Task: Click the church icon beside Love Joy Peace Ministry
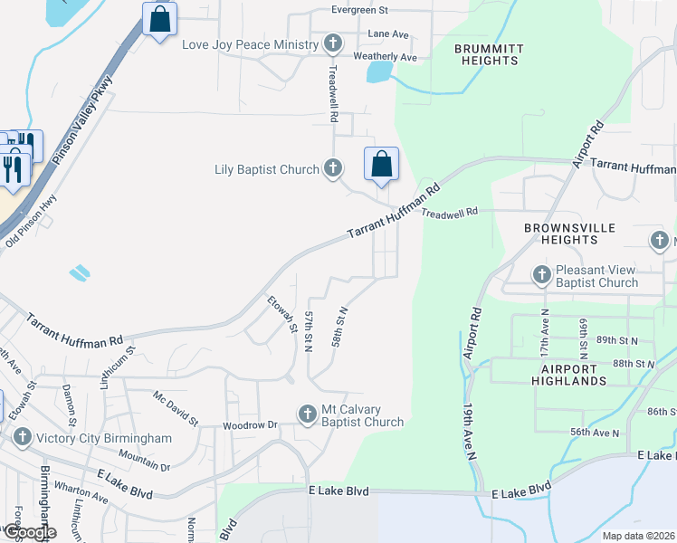click(333, 44)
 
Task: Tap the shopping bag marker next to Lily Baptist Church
click(382, 165)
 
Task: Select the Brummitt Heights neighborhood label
click(486, 54)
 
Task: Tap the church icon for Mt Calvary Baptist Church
click(308, 414)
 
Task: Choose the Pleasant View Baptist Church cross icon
click(542, 275)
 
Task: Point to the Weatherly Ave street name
click(385, 56)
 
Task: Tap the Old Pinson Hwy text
click(32, 220)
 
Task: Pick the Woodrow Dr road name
click(249, 424)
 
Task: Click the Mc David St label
click(176, 408)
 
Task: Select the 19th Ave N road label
click(472, 432)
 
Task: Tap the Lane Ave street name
click(388, 34)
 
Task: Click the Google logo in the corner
click(29, 532)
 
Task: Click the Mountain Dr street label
click(144, 460)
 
